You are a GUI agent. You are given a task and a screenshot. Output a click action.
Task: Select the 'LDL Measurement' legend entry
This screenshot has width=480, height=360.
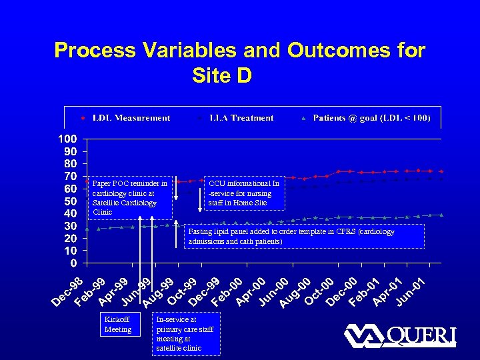click(x=131, y=118)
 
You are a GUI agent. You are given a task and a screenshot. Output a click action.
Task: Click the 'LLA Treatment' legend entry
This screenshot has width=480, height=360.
click(x=241, y=118)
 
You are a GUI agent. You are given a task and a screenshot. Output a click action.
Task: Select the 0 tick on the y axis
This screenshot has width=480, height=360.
click(x=74, y=263)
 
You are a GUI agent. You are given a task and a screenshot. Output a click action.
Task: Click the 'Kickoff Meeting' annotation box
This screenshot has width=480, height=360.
click(x=119, y=325)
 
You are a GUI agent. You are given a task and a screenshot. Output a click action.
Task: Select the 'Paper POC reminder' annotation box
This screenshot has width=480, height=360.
click(x=129, y=197)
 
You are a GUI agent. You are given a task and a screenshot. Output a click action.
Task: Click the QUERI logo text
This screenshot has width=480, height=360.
click(x=421, y=335)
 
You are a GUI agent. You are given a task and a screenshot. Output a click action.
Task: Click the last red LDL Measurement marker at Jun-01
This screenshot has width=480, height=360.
click(x=441, y=171)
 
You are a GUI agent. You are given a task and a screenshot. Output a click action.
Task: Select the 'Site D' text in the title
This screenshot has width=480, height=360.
click(x=221, y=76)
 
